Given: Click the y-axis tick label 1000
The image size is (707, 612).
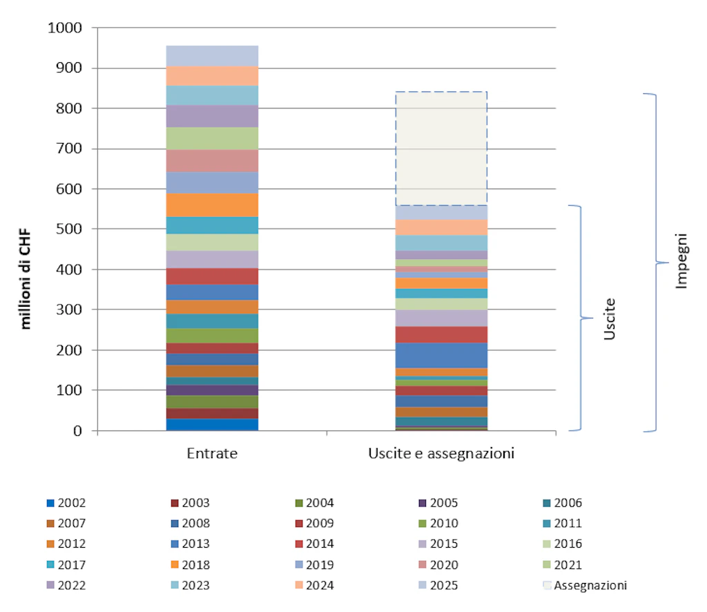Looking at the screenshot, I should click(x=64, y=28).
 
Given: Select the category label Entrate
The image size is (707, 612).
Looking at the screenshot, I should click(x=212, y=455).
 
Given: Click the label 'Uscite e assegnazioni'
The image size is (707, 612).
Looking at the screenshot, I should click(x=442, y=455).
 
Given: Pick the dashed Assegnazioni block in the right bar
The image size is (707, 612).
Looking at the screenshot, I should click(x=441, y=149).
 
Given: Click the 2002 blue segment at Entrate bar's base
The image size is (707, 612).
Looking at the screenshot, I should click(x=212, y=425).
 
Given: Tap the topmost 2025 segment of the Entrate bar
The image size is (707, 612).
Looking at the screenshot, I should click(x=212, y=55).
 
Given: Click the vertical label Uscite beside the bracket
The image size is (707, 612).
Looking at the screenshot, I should click(x=610, y=319).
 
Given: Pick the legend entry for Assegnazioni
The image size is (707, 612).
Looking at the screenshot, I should click(x=587, y=586).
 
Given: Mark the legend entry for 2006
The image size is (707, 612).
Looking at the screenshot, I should click(x=562, y=504).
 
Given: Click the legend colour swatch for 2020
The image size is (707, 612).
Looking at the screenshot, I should click(x=422, y=565).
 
